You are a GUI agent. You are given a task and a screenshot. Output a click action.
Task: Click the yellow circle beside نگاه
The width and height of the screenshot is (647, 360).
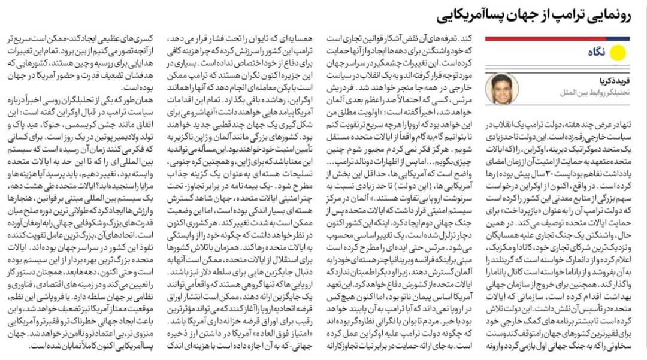(619, 53)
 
